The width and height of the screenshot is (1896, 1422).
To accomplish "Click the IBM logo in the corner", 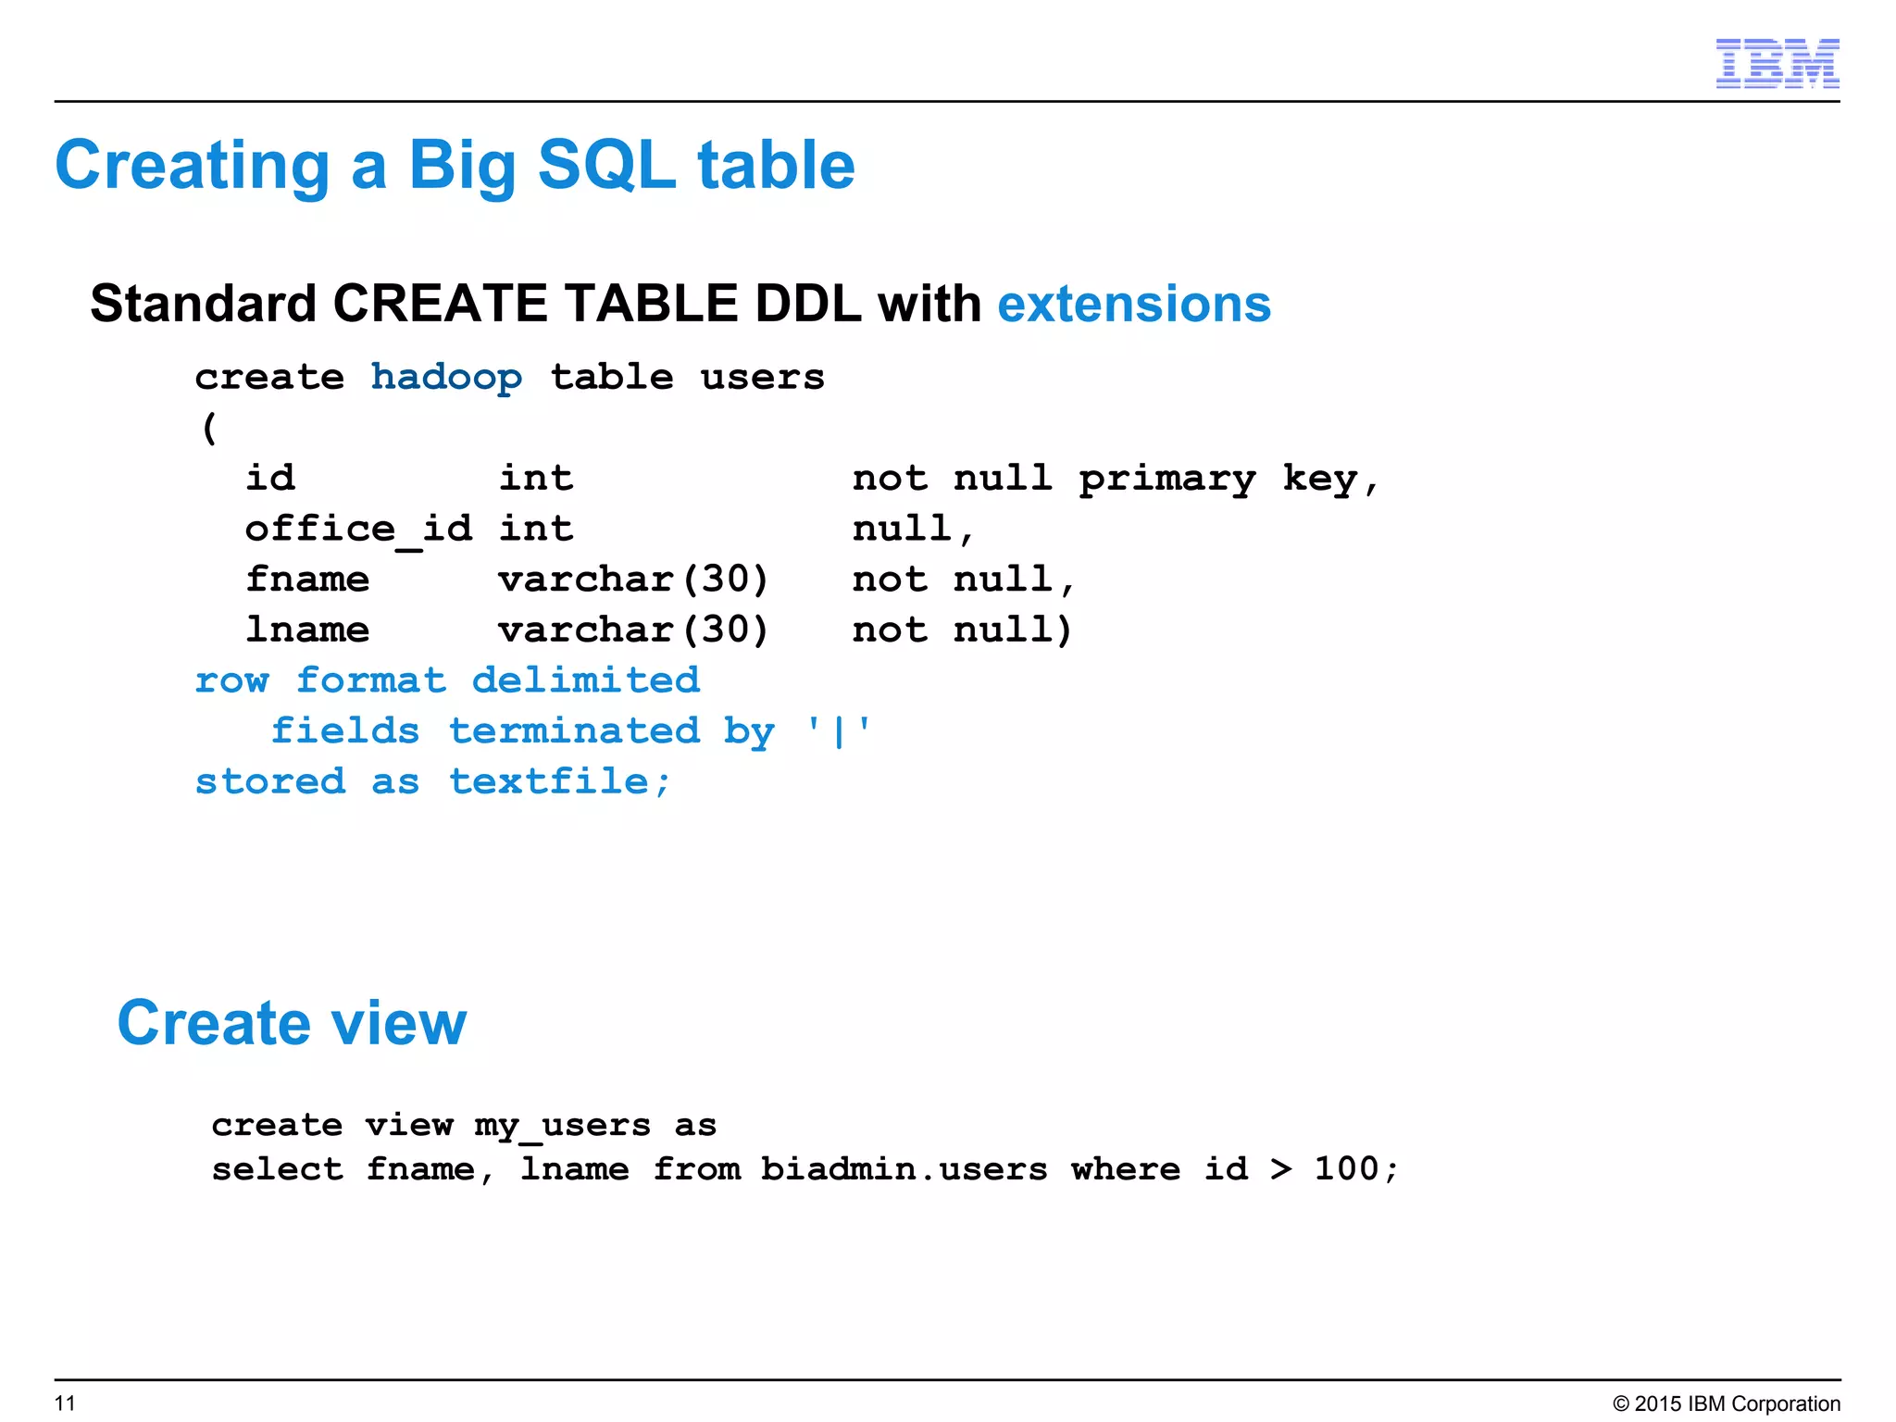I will click(1777, 63).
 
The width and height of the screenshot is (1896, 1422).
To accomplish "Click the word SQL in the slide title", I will click(606, 166).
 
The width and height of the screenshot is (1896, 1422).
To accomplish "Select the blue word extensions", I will click(1134, 304).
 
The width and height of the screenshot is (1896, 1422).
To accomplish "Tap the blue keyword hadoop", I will click(446, 378).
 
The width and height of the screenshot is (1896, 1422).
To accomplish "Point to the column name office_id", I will click(358, 530).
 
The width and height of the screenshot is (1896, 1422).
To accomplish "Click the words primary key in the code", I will click(1217, 479).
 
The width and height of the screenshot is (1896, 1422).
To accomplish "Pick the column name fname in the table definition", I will click(307, 580).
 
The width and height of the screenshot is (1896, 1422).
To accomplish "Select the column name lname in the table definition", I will click(307, 630).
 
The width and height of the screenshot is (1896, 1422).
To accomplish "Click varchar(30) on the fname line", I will click(633, 580).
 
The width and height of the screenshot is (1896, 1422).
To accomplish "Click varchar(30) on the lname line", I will click(633, 630).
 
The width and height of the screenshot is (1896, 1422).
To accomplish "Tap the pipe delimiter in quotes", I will click(839, 731).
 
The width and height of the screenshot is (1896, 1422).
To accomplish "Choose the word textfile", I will click(559, 782).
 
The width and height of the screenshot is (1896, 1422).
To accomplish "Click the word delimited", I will click(585, 680).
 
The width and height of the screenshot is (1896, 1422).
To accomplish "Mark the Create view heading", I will click(292, 1023).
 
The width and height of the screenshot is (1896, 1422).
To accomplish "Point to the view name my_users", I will click(562, 1126).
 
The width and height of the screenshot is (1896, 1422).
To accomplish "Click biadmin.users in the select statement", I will click(904, 1169).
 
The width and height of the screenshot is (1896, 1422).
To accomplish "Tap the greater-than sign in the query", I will click(1281, 1169).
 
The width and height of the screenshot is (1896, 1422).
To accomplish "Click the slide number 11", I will click(65, 1403).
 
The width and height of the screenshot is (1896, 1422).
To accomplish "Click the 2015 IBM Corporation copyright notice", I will click(1727, 1403).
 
